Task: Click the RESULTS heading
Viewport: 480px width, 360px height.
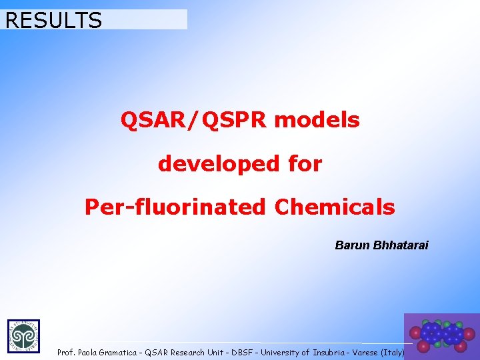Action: [53, 20]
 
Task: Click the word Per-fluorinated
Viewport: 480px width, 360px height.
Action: [175, 207]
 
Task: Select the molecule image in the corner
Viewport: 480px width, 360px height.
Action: [441, 337]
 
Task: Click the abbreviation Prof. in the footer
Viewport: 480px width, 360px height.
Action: [66, 352]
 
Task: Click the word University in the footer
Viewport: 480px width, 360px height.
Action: [281, 352]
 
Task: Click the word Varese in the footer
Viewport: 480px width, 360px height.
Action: [366, 352]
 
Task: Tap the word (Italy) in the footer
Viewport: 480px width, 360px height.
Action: [393, 352]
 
